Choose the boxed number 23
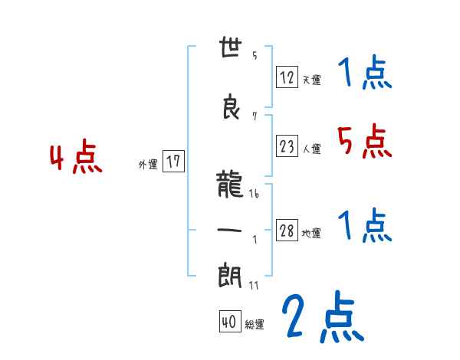tap(287, 146)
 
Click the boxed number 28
tap(287, 231)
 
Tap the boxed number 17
tap(173, 162)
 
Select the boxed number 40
tap(229, 322)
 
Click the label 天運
tap(311, 80)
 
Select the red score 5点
tap(363, 141)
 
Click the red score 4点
tap(76, 159)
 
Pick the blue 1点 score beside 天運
tap(363, 74)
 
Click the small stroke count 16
tap(254, 195)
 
